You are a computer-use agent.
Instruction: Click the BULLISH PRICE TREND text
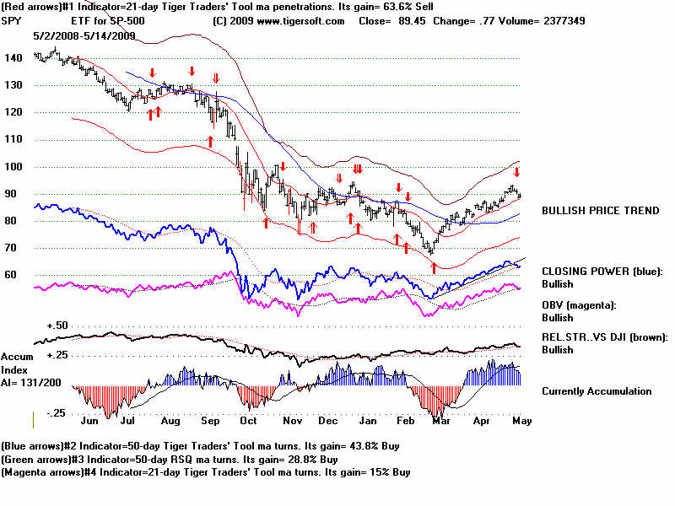pyautogui.click(x=600, y=210)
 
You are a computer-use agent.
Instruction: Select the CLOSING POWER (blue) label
pyautogui.click(x=602, y=272)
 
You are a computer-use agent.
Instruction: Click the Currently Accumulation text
pyautogui.click(x=597, y=391)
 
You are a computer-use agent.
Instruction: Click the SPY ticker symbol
pyautogui.click(x=12, y=21)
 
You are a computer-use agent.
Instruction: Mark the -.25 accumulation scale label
pyautogui.click(x=57, y=412)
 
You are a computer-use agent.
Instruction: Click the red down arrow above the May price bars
pyautogui.click(x=517, y=173)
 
